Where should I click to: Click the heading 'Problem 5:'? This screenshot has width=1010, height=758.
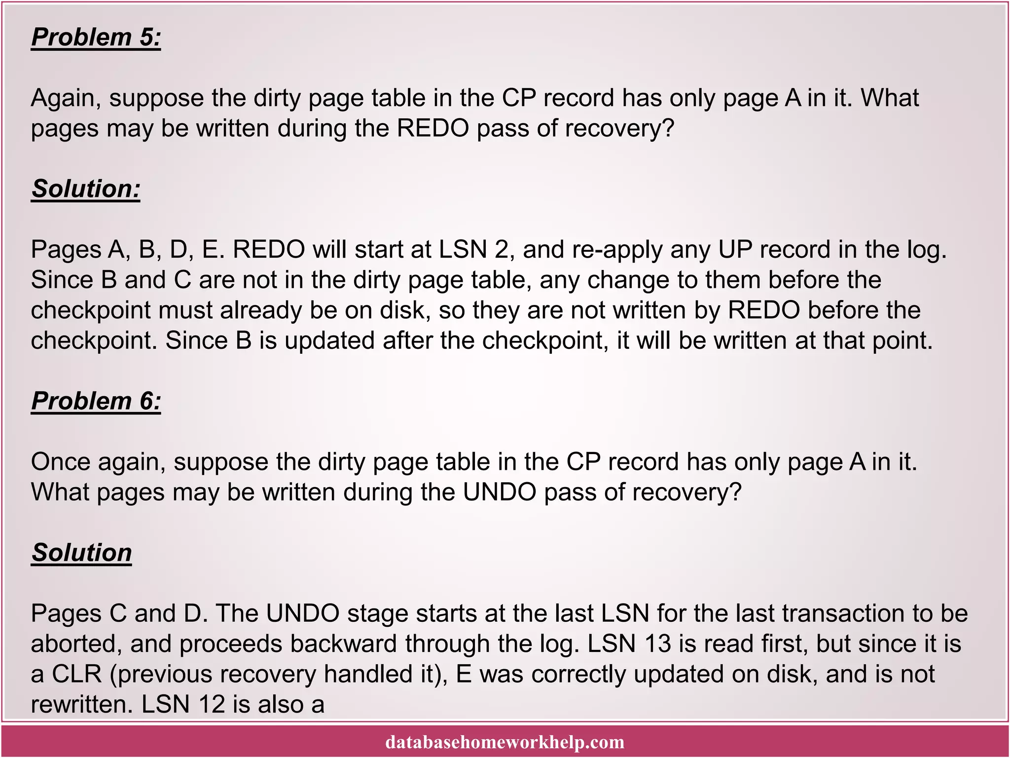click(x=96, y=38)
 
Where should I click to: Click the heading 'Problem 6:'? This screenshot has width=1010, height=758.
click(x=96, y=401)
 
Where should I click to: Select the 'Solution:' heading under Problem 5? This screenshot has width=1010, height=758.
click(x=86, y=189)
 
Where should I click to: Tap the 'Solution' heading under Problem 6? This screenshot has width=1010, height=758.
click(x=81, y=552)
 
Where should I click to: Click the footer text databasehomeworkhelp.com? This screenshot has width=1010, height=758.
click(x=505, y=742)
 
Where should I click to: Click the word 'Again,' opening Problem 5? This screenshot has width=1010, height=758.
click(x=66, y=98)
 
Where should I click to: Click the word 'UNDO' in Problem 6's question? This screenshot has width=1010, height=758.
click(x=499, y=492)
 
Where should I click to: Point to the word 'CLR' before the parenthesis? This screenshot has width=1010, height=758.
click(x=76, y=674)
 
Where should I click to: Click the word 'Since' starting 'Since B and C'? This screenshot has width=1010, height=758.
click(x=62, y=280)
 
